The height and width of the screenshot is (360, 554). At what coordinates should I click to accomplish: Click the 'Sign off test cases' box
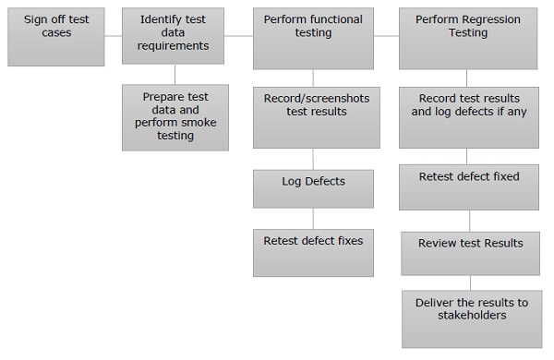[x=55, y=38]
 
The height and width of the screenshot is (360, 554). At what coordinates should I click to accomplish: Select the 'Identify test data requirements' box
[x=174, y=37]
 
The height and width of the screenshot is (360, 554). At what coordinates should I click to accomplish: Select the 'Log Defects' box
[x=313, y=188]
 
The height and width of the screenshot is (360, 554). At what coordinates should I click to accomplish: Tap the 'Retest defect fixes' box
[x=313, y=252]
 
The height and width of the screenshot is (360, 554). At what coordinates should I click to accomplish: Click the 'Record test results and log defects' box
[x=468, y=116]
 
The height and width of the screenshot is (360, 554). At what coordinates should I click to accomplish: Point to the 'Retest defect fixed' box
[x=468, y=186]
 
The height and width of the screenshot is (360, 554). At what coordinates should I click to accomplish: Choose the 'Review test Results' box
[x=470, y=252]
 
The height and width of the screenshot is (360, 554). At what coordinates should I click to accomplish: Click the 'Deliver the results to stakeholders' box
[x=471, y=318]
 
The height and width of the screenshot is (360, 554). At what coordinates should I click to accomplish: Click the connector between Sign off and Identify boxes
[x=113, y=37]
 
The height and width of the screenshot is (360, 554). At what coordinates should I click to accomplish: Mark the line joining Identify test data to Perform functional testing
[x=239, y=37]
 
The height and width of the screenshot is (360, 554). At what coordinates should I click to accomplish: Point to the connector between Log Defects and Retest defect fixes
[x=313, y=218]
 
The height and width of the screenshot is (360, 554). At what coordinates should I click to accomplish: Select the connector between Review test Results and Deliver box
[x=471, y=282]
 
